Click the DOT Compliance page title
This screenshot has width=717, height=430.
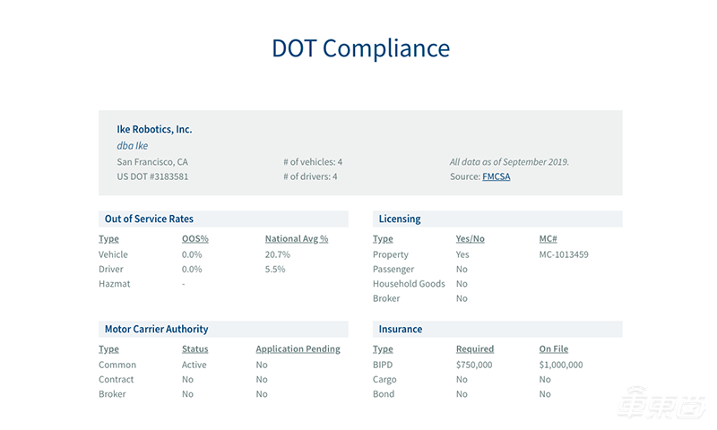tap(360, 47)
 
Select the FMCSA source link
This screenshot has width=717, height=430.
tap(496, 177)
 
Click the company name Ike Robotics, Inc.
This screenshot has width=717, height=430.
tap(154, 129)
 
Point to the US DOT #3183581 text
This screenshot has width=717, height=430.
tap(152, 177)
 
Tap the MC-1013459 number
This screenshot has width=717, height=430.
tap(564, 254)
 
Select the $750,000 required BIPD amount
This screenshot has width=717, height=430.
tap(474, 365)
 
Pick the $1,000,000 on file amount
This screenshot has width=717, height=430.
tap(561, 365)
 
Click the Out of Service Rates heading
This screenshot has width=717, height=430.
tap(149, 219)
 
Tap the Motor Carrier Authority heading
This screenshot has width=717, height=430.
tap(156, 329)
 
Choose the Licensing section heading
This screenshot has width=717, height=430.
tap(400, 219)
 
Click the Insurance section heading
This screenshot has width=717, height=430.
tap(401, 329)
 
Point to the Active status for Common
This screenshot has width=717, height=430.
tap(194, 365)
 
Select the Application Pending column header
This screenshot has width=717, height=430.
tap(298, 349)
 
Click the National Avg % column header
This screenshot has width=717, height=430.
tap(297, 239)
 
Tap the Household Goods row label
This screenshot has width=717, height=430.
tap(408, 284)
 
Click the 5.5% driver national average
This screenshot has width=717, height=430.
tap(277, 269)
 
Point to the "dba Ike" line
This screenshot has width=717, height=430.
tap(133, 146)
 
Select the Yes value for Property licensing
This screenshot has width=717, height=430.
tap(462, 254)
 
